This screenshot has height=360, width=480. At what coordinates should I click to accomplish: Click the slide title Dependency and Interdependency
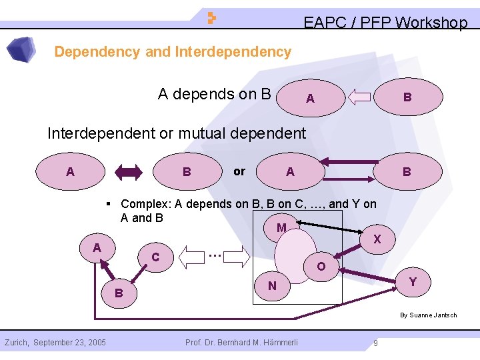pyautogui.click(x=173, y=52)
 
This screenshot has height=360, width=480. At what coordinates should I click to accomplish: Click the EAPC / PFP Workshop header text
pyautogui.click(x=385, y=23)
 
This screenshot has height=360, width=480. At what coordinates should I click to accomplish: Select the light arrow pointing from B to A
pyautogui.click(x=360, y=97)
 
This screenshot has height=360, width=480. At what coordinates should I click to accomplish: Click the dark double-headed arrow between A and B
pyautogui.click(x=129, y=172)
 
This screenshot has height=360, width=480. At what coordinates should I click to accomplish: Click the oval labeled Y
pyautogui.click(x=413, y=282)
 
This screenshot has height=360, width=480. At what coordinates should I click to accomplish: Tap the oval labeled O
pyautogui.click(x=321, y=266)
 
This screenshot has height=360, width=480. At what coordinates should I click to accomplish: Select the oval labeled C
pyautogui.click(x=155, y=257)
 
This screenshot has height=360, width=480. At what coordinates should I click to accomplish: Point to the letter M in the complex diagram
pyautogui.click(x=281, y=228)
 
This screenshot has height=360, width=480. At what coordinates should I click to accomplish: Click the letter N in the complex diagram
pyautogui.click(x=272, y=287)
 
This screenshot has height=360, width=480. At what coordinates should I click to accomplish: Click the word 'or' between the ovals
pyautogui.click(x=239, y=171)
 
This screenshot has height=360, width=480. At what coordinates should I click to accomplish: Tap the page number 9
pyautogui.click(x=376, y=343)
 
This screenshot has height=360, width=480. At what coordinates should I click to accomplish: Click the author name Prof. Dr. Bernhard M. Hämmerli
pyautogui.click(x=242, y=343)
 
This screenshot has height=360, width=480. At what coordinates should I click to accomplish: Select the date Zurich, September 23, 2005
pyautogui.click(x=55, y=343)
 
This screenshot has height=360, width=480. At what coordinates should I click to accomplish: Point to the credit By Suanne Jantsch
pyautogui.click(x=429, y=315)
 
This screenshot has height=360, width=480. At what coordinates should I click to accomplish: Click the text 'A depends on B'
pyautogui.click(x=214, y=94)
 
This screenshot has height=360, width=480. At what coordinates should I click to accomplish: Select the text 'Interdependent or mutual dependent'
pyautogui.click(x=177, y=133)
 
